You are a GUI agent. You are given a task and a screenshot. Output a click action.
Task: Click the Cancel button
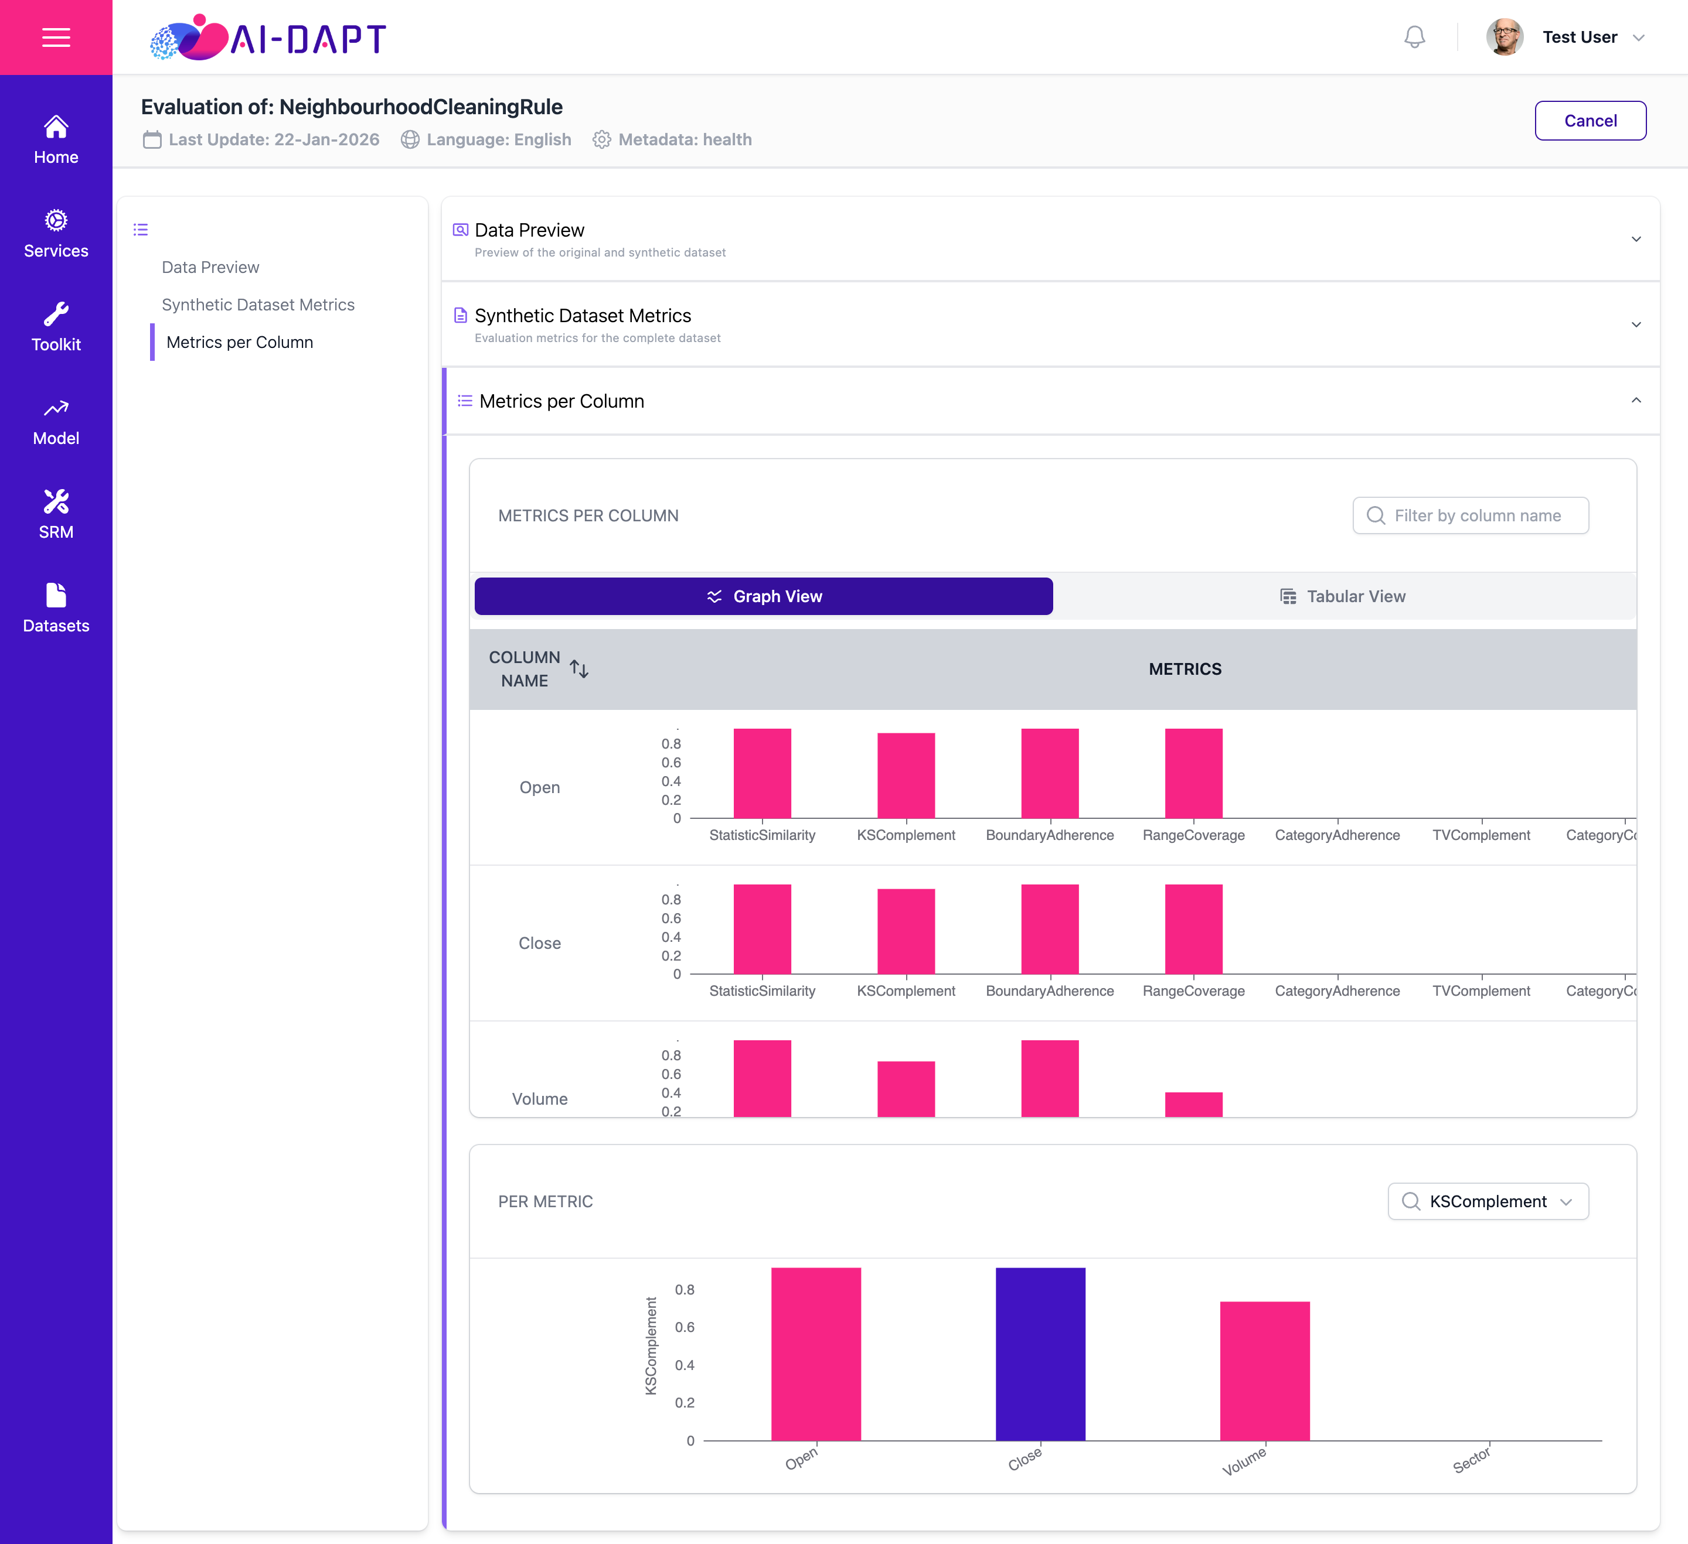[x=1590, y=121]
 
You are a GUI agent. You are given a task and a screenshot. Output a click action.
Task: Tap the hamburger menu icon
[x=56, y=37]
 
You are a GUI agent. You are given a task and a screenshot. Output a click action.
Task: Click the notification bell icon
[x=1414, y=37]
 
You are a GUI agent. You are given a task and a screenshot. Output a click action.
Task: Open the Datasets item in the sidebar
[x=56, y=609]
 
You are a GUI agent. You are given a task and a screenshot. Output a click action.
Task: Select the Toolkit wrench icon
[x=56, y=314]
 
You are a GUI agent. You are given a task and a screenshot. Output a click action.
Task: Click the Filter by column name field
[x=1471, y=515]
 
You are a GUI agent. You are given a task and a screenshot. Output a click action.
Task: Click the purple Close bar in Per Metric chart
[x=1040, y=1354]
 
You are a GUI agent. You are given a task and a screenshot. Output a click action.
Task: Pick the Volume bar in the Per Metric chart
[x=1264, y=1371]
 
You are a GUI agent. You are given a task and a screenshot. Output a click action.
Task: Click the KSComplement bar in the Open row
[x=906, y=776]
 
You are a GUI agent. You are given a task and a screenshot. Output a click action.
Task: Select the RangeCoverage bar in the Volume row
[x=1193, y=1105]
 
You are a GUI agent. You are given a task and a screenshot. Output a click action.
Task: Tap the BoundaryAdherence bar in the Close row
[x=1050, y=929]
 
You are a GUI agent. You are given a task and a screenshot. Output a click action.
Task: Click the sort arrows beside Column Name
[x=578, y=669]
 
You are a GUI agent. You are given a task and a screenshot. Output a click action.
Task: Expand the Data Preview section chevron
[x=1635, y=240]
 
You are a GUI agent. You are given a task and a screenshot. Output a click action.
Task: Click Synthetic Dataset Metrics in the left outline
[x=258, y=305]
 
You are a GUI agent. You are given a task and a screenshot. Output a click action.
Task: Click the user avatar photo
[x=1504, y=37]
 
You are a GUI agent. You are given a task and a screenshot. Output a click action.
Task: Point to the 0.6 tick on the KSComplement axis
[x=684, y=1327]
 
